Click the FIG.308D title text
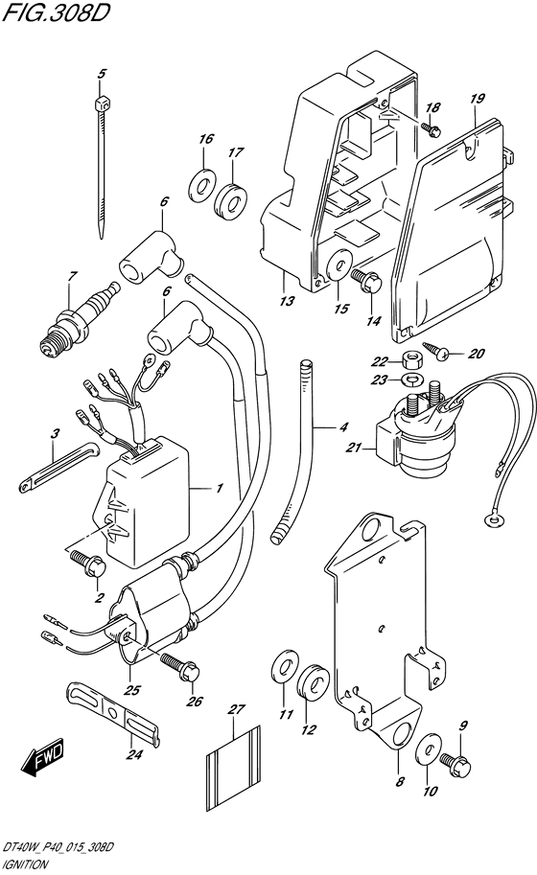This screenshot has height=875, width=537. tap(56, 12)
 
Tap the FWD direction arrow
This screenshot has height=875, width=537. tap(43, 758)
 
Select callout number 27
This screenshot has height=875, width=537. tap(237, 709)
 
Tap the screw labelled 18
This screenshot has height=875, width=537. tap(432, 129)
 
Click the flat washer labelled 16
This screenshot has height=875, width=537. tap(201, 184)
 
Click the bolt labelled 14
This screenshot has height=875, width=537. tap(365, 280)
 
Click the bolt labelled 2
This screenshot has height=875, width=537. tap(87, 564)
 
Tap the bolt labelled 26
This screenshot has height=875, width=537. tap(179, 666)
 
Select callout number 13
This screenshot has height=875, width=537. tap(287, 301)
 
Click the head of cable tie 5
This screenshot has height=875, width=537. tap(101, 104)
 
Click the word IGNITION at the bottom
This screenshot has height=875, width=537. tap(26, 865)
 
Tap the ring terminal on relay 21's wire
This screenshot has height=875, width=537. tap(490, 520)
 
